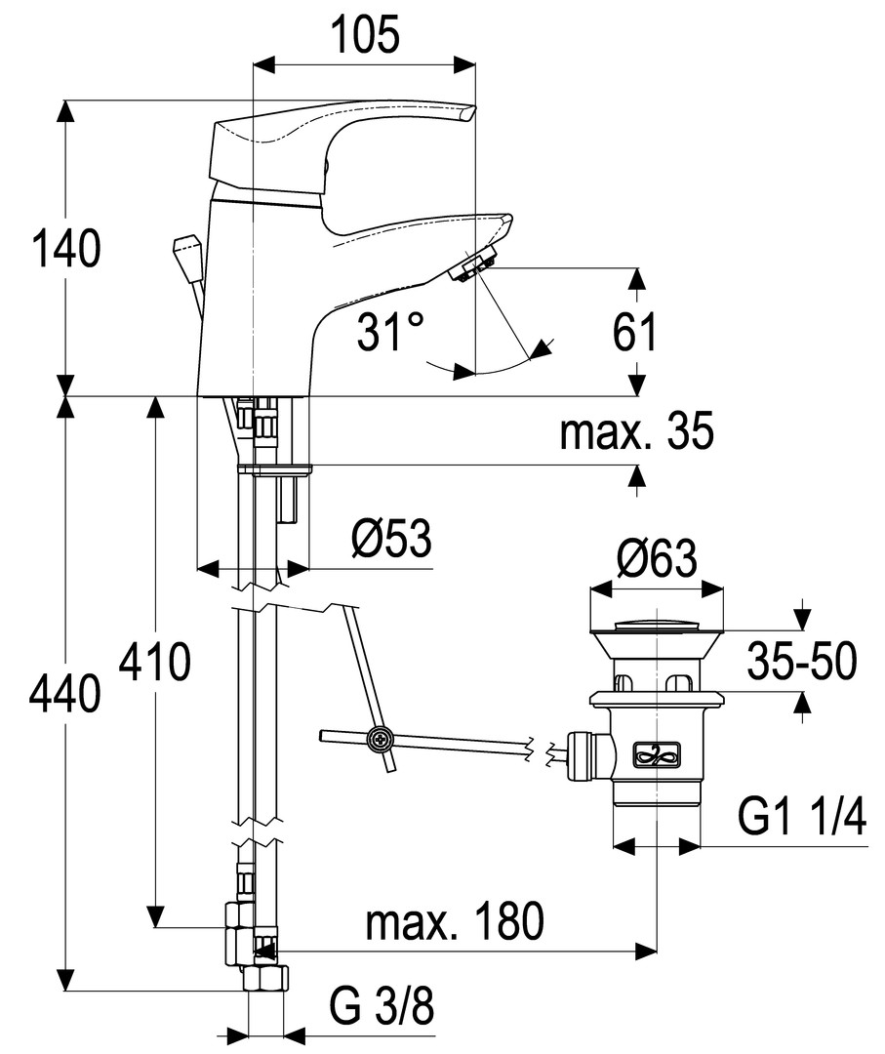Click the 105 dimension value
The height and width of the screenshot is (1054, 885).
pos(364,37)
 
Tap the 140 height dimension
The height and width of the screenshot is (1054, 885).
pos(65,249)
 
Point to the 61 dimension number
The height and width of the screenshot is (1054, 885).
pos(635,333)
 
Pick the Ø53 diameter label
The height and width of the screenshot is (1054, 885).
pos(390,539)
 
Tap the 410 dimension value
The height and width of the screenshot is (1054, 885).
pos(154,665)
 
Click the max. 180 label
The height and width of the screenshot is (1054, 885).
pos(454,921)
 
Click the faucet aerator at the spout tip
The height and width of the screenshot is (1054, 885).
pos(475,266)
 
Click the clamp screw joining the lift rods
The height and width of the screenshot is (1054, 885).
pos(379,742)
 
